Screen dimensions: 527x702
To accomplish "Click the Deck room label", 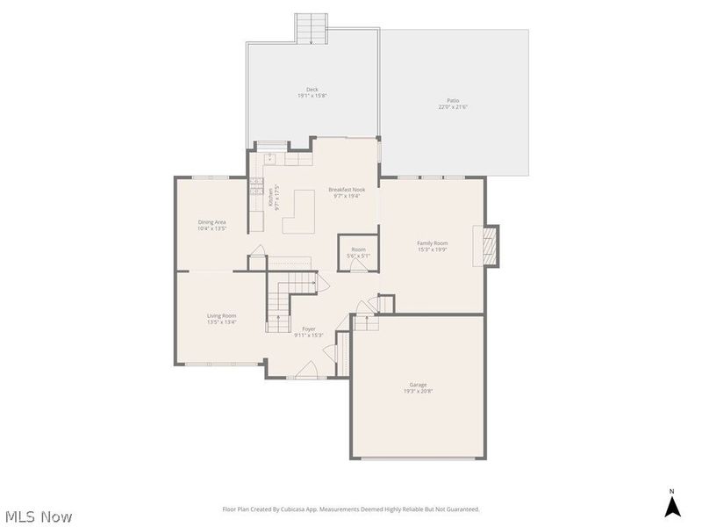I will click(312, 89).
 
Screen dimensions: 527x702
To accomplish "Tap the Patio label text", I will click(454, 101).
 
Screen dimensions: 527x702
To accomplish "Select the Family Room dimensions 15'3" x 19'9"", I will click(433, 249).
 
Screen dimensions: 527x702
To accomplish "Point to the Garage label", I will click(418, 385).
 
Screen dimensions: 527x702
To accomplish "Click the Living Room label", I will click(221, 315).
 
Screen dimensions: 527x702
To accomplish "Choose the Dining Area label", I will click(211, 222).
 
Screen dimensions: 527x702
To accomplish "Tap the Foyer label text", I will click(309, 328).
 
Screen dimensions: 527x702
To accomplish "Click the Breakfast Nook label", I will click(347, 190).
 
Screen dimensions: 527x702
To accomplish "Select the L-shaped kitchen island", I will click(298, 213).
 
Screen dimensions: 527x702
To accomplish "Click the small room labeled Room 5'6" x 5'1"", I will click(358, 253).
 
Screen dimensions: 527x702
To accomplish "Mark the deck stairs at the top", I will click(311, 28).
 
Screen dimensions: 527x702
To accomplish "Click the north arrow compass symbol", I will click(672, 505).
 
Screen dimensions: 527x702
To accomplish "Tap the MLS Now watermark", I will click(39, 516).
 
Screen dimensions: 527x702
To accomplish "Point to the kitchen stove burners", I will click(256, 185).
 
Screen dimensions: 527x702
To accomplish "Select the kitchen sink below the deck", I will click(270, 158).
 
